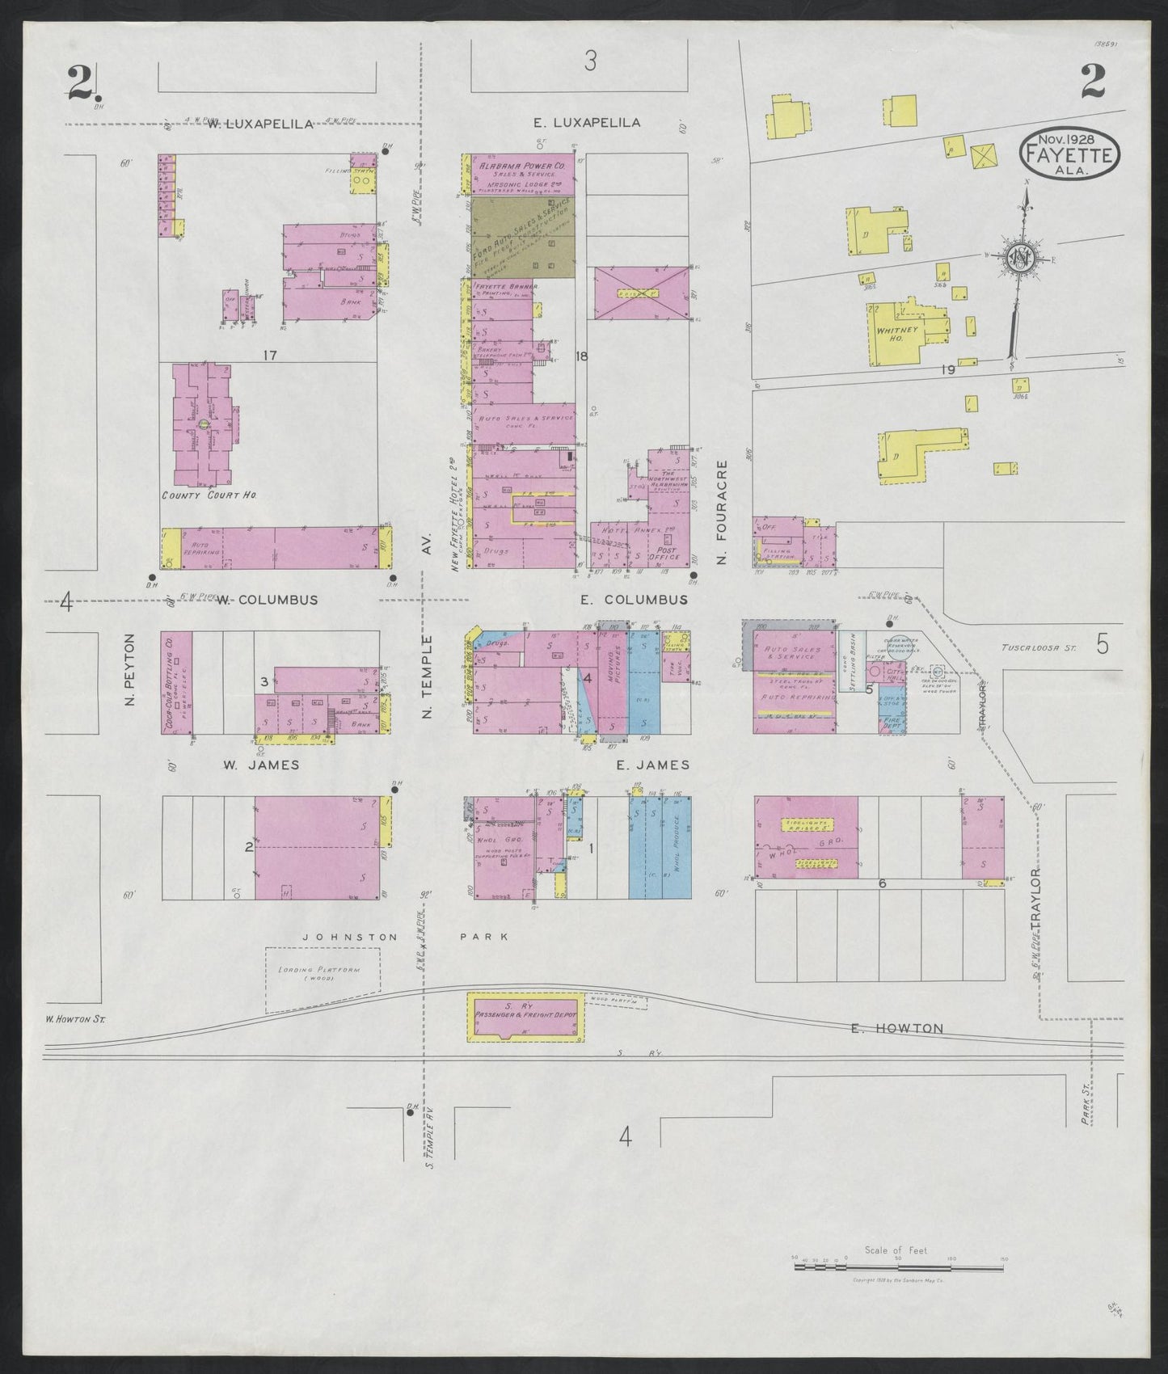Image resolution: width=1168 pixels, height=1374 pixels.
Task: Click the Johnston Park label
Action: (x=405, y=936)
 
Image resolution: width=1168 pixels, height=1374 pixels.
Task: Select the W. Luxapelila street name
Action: (x=259, y=124)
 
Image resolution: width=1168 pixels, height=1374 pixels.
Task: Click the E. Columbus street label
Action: (x=634, y=600)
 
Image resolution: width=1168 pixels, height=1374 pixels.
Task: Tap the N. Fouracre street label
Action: (x=723, y=512)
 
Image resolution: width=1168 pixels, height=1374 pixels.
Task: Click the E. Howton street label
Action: (x=897, y=1028)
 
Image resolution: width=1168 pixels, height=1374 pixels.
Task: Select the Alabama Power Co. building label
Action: (x=522, y=165)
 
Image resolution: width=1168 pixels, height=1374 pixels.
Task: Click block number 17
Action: (x=269, y=354)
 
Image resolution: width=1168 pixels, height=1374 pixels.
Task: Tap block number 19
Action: (x=948, y=369)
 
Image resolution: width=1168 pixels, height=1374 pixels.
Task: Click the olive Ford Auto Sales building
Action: (x=522, y=236)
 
